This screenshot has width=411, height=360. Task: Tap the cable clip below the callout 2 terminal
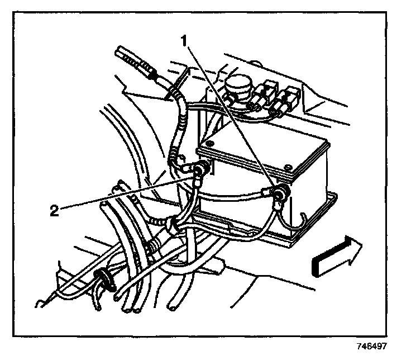tap(175, 225)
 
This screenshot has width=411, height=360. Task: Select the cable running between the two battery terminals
tap(235, 195)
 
